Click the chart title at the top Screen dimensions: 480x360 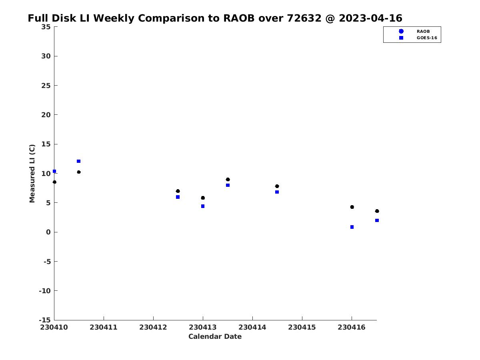pos(215,18)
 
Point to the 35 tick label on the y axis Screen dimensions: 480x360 pos(46,27)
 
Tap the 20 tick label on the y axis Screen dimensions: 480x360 pos(46,115)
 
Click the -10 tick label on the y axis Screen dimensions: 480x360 pos(45,291)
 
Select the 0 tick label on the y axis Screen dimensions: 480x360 pos(48,232)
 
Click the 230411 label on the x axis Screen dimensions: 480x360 pos(104,327)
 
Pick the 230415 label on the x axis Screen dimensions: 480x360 pos(302,327)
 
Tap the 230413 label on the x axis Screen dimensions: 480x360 pos(202,327)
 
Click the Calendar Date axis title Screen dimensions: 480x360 pos(215,336)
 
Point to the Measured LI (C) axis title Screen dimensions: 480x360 pos(32,174)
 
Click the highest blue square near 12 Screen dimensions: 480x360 pos(78,161)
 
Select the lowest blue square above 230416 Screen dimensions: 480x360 pos(352,227)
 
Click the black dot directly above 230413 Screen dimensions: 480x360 pos(203,198)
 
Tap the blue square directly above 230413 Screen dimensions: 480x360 pos(203,206)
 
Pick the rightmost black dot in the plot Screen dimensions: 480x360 pos(377,211)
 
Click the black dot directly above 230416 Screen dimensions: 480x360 pos(352,207)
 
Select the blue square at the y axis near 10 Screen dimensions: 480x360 pos(54,171)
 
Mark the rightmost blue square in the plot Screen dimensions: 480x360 pos(377,220)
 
